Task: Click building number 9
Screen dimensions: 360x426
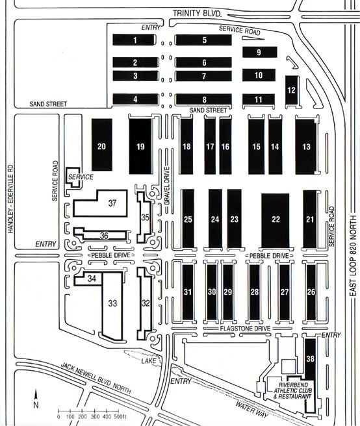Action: [260, 52]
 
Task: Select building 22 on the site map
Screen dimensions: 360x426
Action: [276, 220]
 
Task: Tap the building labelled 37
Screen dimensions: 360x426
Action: [100, 203]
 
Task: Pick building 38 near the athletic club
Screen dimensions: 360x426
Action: [310, 358]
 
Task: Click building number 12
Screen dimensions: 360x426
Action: [292, 90]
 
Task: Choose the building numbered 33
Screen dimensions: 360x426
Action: [112, 306]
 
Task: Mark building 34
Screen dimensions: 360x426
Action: [88, 278]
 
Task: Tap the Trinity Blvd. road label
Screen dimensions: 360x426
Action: [197, 13]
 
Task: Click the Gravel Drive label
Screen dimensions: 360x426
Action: [167, 186]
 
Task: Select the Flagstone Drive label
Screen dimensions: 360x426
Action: [245, 329]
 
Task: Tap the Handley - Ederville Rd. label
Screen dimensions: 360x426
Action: [10, 198]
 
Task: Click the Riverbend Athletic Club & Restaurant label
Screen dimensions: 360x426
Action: [291, 391]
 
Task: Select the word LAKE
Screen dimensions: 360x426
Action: [149, 360]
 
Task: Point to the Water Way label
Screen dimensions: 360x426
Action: [251, 409]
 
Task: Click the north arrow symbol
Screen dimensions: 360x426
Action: [36, 398]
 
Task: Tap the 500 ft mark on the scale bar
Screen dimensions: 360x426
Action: [120, 417]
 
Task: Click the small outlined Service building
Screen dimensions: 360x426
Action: [73, 177]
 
